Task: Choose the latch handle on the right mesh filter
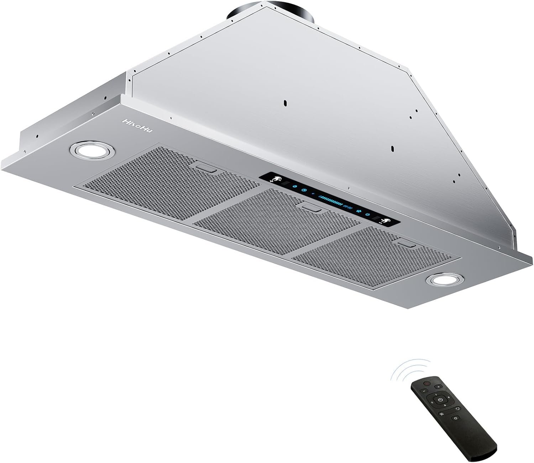tap(407, 244)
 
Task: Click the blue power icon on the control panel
tap(367, 214)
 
